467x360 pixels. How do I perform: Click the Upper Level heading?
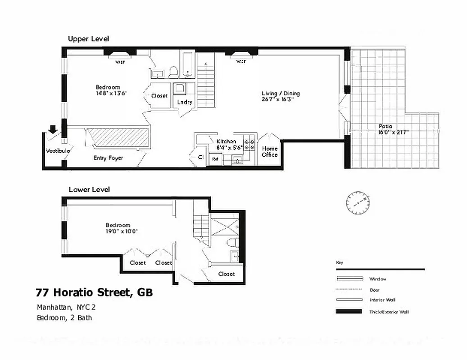click(88, 39)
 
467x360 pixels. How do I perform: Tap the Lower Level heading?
click(89, 189)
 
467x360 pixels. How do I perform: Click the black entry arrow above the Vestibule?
click(53, 130)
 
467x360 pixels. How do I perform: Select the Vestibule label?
click(58, 151)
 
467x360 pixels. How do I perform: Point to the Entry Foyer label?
click(108, 158)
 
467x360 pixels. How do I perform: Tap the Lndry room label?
click(185, 102)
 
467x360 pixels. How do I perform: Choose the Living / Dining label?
click(281, 94)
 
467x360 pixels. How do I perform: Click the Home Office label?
click(270, 152)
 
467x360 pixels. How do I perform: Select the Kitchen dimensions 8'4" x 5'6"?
click(230, 147)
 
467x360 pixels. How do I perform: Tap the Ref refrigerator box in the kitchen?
click(215, 159)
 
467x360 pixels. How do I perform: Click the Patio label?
click(385, 126)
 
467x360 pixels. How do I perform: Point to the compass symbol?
click(358, 203)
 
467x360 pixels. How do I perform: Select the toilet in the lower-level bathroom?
click(232, 243)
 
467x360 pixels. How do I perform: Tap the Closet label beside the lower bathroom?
click(227, 274)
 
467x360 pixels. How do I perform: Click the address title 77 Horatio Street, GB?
click(94, 293)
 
